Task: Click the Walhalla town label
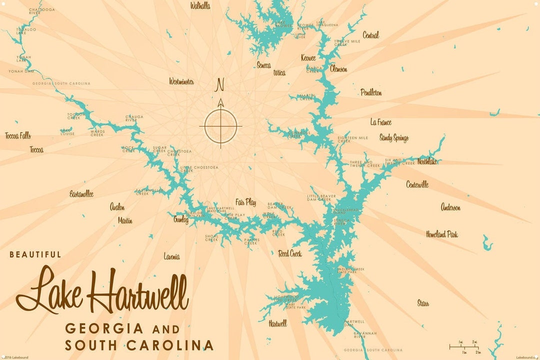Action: (200, 6)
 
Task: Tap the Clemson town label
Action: (338, 69)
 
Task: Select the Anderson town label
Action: (450, 207)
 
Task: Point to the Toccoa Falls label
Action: (18, 135)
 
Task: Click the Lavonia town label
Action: (171, 256)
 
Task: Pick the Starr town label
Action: (423, 303)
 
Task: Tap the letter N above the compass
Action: (219, 85)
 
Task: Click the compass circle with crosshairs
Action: (220, 125)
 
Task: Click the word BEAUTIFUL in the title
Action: (35, 254)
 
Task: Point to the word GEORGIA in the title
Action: (104, 329)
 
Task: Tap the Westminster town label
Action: (181, 81)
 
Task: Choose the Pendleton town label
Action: (371, 92)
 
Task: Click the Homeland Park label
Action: (441, 234)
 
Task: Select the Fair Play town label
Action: (245, 202)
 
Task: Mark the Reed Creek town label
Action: (290, 253)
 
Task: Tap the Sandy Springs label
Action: (394, 138)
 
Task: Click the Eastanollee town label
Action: (81, 194)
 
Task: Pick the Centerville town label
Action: (417, 184)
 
